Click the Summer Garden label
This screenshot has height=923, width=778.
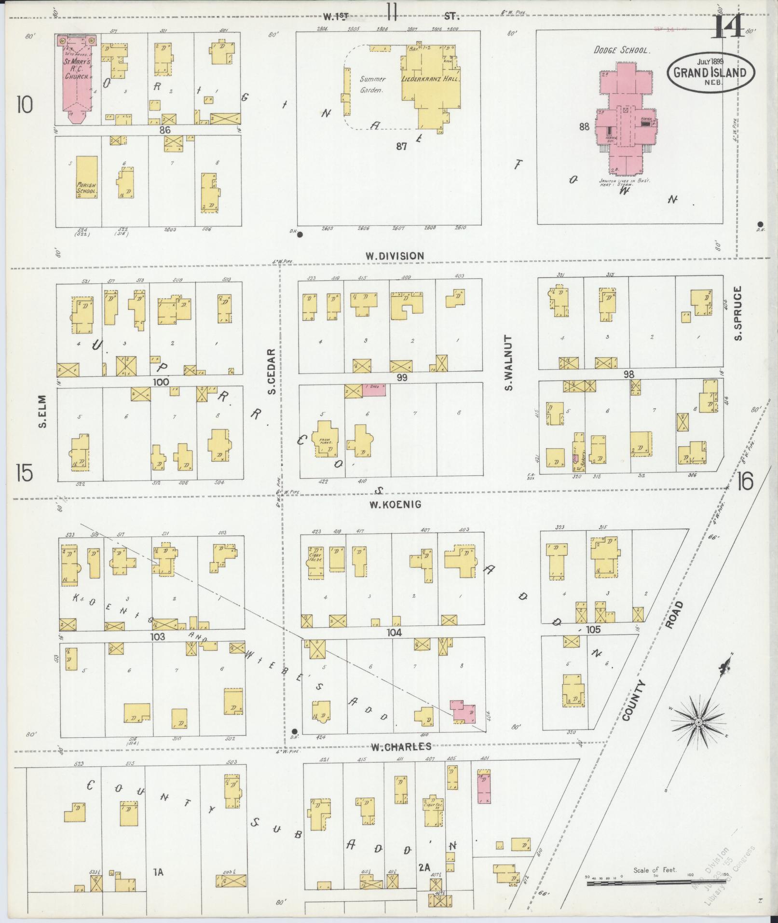tap(372, 84)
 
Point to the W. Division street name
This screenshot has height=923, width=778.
tap(394, 256)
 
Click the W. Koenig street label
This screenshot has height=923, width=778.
tap(395, 505)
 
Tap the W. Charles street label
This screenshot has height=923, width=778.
tap(400, 760)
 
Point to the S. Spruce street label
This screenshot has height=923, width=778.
tap(738, 313)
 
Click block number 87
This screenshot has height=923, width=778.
tap(401, 146)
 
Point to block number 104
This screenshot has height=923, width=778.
tap(394, 633)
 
